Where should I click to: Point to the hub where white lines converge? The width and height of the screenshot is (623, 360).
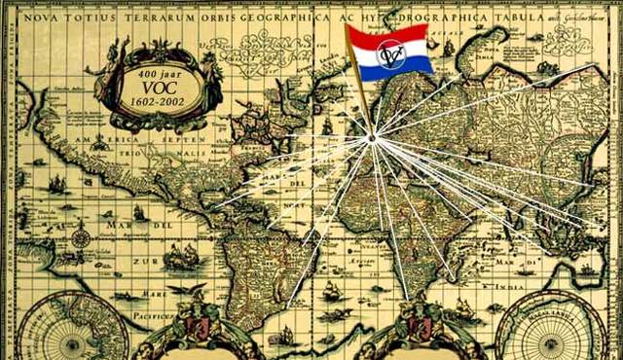371,139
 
